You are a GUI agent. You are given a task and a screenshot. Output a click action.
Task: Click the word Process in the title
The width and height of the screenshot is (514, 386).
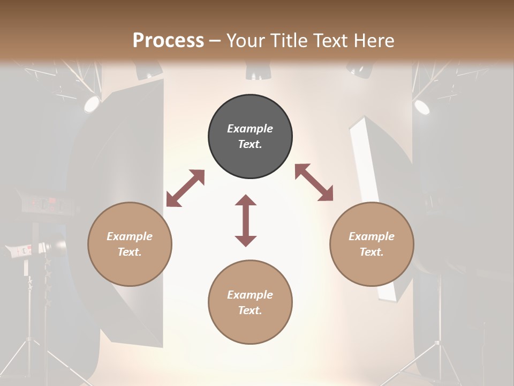[168, 40]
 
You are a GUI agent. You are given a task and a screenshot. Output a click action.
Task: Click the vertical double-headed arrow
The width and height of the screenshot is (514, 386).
[246, 221]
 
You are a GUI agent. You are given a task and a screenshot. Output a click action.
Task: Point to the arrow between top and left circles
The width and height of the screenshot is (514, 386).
[185, 188]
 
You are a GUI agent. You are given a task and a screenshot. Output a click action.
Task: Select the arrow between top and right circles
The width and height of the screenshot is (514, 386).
[314, 182]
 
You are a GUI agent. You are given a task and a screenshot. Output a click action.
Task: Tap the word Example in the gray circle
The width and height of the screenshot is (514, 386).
[250, 129]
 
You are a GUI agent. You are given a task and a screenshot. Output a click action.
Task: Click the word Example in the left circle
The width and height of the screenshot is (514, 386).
[130, 236]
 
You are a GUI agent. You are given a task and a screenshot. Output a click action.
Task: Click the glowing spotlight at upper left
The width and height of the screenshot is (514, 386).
[92, 104]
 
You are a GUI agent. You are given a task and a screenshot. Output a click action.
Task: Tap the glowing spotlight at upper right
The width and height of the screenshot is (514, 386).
[422, 107]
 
